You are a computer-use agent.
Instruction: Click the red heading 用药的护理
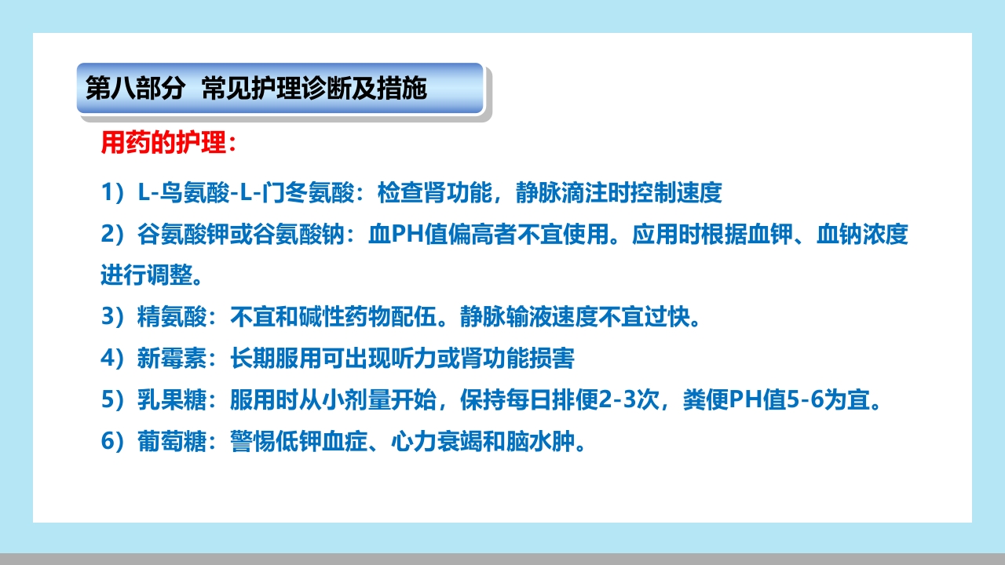point(165,143)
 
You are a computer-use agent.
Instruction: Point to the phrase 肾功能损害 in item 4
point(528,359)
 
